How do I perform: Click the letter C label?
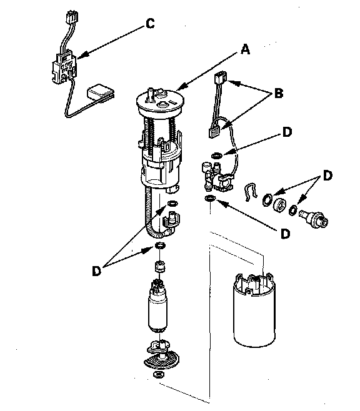(x=150, y=23)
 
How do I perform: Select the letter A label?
(x=245, y=49)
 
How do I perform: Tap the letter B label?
(x=279, y=93)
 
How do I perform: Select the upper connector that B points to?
(x=221, y=78)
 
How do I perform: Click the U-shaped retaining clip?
(x=251, y=192)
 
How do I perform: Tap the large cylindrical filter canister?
(x=254, y=310)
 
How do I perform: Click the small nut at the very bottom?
(x=158, y=374)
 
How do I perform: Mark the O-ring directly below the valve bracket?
(x=210, y=199)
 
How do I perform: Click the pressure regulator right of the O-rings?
(x=314, y=219)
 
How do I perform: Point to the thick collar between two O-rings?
(x=279, y=204)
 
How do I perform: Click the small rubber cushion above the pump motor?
(x=160, y=267)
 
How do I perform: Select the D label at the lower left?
(x=96, y=270)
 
